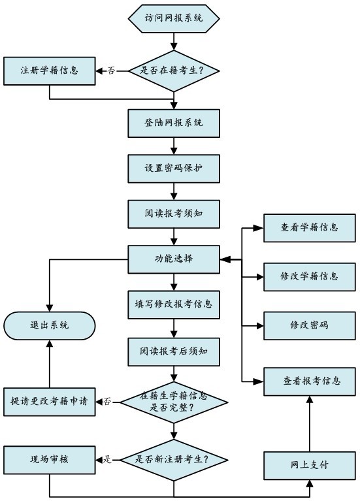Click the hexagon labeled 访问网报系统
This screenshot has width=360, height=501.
(174, 18)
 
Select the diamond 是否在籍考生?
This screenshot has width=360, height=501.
(174, 70)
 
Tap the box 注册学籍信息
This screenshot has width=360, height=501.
(50, 71)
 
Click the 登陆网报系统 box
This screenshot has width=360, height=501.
(174, 122)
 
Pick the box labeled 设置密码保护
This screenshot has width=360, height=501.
(174, 168)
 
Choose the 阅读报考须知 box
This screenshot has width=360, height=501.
(174, 213)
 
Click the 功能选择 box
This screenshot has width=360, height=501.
(174, 259)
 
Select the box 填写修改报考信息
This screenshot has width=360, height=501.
(174, 304)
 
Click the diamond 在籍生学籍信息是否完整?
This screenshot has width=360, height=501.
(174, 400)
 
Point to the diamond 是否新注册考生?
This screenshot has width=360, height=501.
(174, 459)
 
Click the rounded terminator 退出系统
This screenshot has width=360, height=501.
(50, 325)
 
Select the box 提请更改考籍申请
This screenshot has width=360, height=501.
(50, 400)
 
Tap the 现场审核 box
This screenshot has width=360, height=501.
(50, 460)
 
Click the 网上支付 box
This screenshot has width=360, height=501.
(309, 465)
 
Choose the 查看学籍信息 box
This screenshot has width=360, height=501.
(309, 227)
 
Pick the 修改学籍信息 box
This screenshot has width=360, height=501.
(309, 276)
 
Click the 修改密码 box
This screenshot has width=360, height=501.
(309, 325)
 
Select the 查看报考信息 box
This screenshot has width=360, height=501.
(309, 381)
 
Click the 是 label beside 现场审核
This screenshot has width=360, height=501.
(108, 460)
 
